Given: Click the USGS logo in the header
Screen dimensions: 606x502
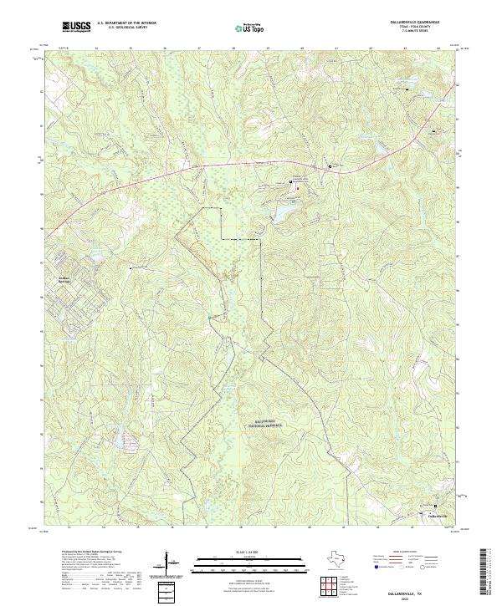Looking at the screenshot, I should (x=76, y=28).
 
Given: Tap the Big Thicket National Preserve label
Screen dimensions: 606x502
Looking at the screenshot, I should (x=263, y=424).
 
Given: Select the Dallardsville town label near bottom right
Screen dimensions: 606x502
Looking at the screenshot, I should (x=438, y=516).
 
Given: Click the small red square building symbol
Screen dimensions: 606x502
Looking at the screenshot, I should (x=299, y=187).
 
